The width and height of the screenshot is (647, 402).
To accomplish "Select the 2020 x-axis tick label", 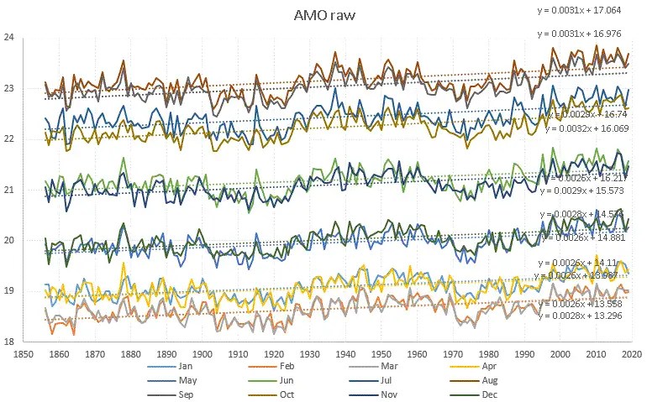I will (634, 354).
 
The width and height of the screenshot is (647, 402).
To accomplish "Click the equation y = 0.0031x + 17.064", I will (580, 10).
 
